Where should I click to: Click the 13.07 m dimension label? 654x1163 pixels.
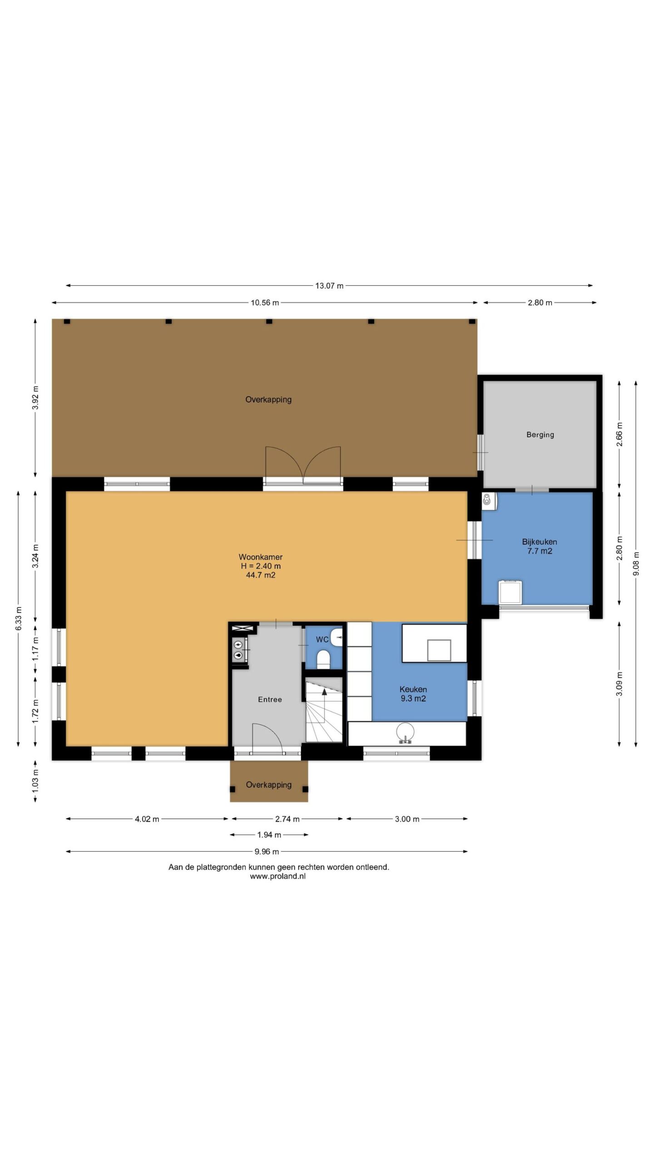tap(329, 286)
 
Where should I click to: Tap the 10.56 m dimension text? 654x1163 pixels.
tap(265, 303)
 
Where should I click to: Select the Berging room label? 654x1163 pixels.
tap(540, 435)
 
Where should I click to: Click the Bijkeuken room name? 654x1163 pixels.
tap(540, 542)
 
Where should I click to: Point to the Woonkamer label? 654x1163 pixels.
tap(261, 557)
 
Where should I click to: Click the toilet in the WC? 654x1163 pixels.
tap(323, 659)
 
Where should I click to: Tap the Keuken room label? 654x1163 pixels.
tap(413, 689)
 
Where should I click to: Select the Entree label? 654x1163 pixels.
tap(270, 700)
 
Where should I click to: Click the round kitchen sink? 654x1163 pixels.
tap(405, 732)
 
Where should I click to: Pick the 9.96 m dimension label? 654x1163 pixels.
tap(267, 852)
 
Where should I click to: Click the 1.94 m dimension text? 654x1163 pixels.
tap(269, 835)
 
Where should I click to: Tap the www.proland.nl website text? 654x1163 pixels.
tap(277, 876)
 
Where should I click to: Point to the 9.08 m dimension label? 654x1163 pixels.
tap(636, 564)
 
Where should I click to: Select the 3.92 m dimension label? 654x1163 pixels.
tap(35, 398)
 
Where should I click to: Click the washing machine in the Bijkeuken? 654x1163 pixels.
tap(510, 592)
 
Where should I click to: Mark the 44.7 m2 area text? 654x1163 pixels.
tap(261, 575)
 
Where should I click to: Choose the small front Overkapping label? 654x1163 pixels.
tap(269, 785)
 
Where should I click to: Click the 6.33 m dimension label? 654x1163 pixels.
tap(19, 619)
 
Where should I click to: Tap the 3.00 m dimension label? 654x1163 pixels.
tap(407, 819)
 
